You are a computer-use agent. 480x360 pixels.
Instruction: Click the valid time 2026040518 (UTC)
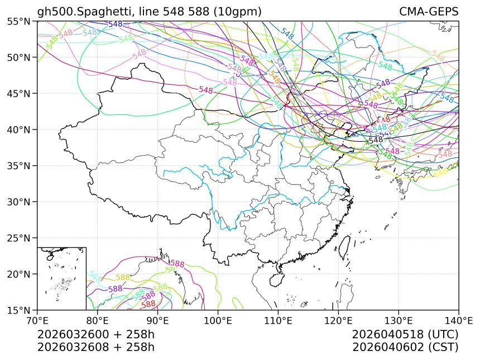click(x=405, y=335)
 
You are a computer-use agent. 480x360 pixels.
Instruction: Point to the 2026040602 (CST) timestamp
click(x=405, y=347)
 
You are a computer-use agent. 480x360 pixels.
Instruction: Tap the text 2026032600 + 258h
click(x=95, y=335)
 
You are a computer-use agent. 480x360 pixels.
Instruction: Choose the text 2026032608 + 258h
click(x=95, y=347)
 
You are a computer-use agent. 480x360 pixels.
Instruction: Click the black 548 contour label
click(x=376, y=140)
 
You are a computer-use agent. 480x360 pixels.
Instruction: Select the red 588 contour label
click(x=148, y=304)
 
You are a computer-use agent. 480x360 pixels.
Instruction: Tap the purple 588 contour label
click(x=116, y=289)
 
